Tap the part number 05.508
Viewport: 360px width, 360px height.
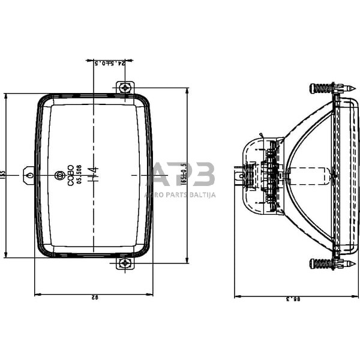coord(79,175)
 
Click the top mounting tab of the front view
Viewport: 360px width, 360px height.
coord(124,88)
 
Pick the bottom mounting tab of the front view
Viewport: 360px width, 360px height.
coord(124,263)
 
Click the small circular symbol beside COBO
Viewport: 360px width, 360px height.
coord(59,175)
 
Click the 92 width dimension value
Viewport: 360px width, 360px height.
coord(94,297)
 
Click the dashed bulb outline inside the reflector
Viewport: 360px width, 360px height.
coord(309,175)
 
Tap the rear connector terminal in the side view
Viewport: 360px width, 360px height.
coord(239,176)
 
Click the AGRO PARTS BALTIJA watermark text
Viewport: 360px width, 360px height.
coord(180,194)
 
